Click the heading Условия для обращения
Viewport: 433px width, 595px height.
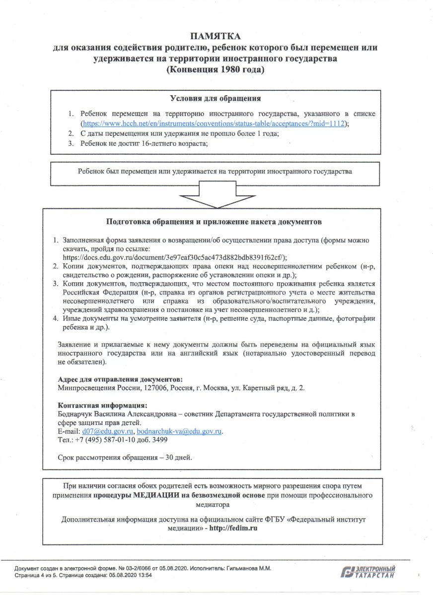216,98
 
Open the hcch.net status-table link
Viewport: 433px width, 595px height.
214,123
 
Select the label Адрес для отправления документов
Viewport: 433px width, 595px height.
117,379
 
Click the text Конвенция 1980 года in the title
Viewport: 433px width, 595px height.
216,70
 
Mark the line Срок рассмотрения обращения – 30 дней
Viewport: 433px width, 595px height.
125,457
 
